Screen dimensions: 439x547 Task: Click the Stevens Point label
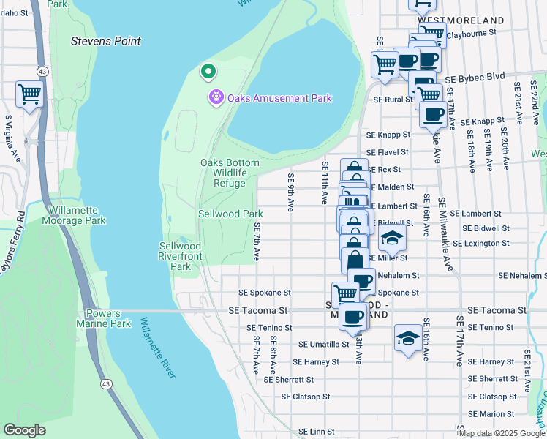pos(105,41)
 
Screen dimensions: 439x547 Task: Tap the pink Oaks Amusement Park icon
pos(216,97)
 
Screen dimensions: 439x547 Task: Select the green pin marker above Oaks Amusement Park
pos(208,71)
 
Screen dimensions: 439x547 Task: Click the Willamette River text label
pos(158,347)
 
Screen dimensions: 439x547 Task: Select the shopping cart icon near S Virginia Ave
pos(29,93)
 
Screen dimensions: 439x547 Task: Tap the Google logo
pos(24,429)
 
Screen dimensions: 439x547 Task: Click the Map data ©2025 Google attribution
pos(501,433)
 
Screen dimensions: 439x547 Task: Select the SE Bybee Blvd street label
pos(475,77)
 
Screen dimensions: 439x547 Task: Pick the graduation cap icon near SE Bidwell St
pos(392,238)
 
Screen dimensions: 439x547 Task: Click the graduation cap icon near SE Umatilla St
pos(408,337)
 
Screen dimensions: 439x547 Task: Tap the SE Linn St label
pos(316,432)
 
